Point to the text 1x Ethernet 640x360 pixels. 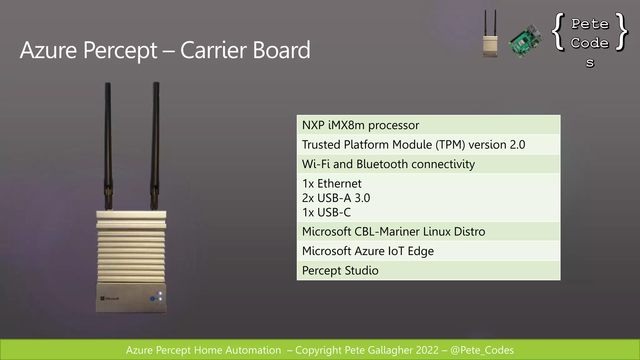pyautogui.click(x=332, y=183)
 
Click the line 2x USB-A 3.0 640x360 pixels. pyautogui.click(x=336, y=198)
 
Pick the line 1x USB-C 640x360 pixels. pyautogui.click(x=326, y=212)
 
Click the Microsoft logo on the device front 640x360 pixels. pyautogui.click(x=110, y=298)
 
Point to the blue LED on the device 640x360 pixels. pyautogui.click(x=152, y=299)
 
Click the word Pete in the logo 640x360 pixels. pyautogui.click(x=590, y=24)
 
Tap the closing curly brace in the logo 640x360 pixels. pyautogui.click(x=622, y=31)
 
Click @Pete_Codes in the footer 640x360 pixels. pyautogui.click(x=482, y=350)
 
